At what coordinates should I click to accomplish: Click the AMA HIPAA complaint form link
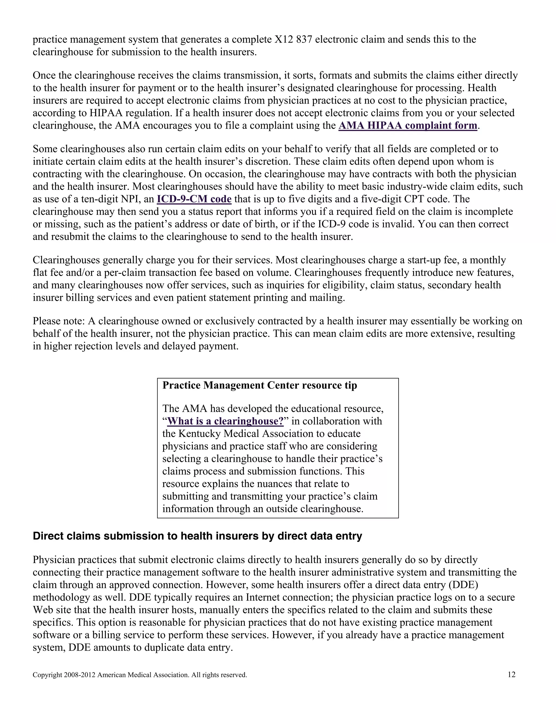407,125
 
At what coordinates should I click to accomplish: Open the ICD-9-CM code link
194,199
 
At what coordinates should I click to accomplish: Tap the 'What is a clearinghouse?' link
225,421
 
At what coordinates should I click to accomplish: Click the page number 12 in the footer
511,675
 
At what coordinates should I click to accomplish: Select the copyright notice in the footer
140,675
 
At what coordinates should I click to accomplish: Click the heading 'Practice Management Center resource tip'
260,385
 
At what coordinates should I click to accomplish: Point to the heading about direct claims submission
197,536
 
